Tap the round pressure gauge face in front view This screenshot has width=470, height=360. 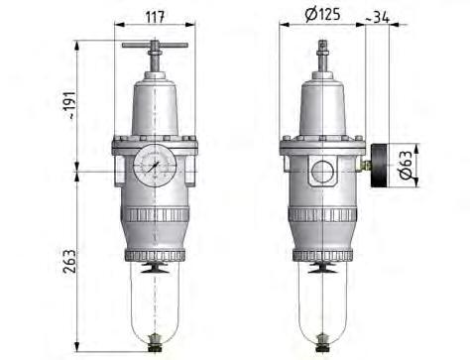155,163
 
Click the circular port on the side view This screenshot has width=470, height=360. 322,170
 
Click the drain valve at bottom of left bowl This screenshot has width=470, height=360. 155,345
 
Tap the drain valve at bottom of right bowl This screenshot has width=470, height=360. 322,345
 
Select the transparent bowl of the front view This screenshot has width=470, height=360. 155,302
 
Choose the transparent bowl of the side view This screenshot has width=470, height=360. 322,302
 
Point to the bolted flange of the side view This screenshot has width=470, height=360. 322,145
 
